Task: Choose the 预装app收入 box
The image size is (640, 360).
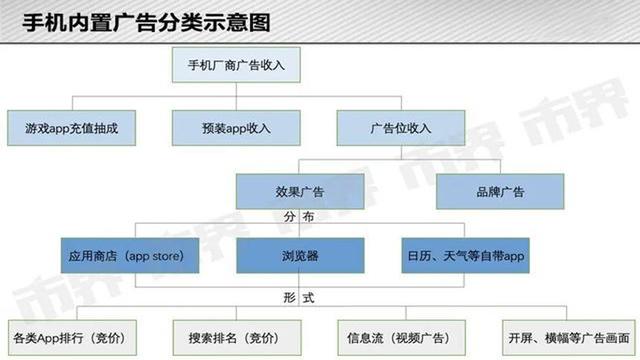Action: point(236,128)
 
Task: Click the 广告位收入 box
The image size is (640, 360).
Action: point(400,128)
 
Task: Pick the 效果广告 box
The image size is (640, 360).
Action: point(299,191)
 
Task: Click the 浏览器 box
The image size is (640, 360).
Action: point(299,256)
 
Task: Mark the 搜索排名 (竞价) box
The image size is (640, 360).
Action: point(236,334)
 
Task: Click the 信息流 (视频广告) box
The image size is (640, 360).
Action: point(400,334)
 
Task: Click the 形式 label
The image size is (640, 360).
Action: point(299,297)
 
